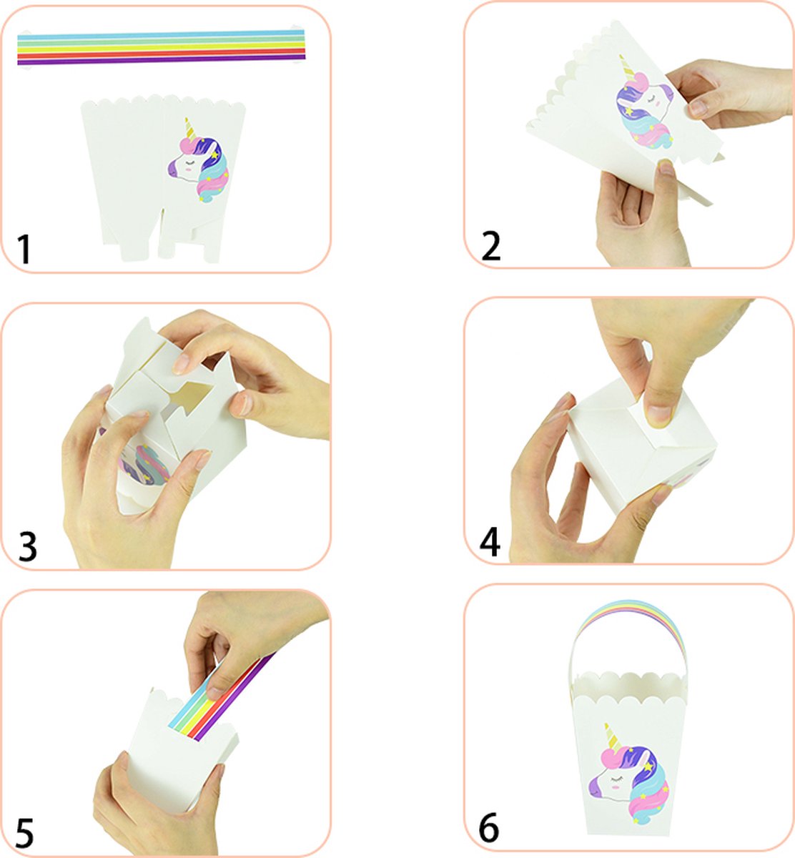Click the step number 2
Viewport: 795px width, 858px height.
492,245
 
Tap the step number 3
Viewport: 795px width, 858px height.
27,546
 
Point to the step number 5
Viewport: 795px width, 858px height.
25,834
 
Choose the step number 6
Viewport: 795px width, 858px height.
489,829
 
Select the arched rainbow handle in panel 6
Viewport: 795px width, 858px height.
629,615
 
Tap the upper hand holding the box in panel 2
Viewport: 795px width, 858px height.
729,93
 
